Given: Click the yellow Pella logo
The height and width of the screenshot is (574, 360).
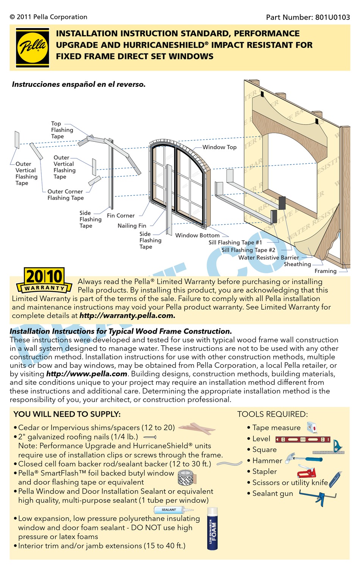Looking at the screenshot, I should coord(32,47).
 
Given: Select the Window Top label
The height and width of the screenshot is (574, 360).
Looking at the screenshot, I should coord(219,147).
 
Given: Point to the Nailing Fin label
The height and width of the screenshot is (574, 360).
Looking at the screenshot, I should coord(132,226).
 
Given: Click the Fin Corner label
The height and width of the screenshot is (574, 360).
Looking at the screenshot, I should coord(121,215).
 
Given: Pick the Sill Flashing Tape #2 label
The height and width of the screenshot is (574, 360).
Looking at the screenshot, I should coord(248,250).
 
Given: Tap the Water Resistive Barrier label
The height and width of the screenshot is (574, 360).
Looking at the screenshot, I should coord(268,257).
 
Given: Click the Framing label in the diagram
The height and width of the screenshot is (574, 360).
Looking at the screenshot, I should coord(325,271).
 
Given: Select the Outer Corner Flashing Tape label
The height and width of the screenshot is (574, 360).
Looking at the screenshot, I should coord(65,194).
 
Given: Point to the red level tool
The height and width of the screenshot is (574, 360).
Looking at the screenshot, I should coord(303,439).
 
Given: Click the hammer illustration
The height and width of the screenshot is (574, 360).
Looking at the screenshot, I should coord(303,458).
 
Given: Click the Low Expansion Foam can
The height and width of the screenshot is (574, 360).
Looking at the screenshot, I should coord(213,529).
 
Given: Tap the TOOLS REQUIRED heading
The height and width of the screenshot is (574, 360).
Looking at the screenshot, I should coord(272,414).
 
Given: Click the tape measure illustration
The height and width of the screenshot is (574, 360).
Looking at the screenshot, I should coord(312,427).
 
